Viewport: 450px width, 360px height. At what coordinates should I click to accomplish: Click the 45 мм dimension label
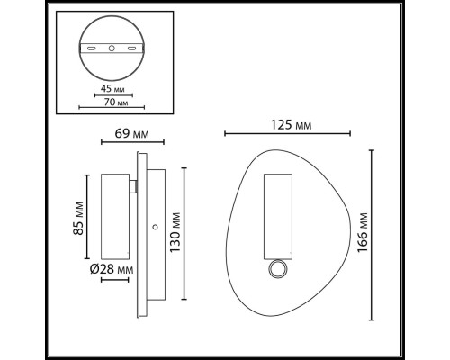tap(112, 89)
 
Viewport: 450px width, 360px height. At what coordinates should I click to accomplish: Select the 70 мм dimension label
tap(116, 103)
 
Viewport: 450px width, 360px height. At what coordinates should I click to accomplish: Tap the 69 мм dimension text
tap(131, 134)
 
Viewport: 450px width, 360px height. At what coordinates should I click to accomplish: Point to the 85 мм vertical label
tap(78, 218)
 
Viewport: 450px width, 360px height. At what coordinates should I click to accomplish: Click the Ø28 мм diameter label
tap(112, 270)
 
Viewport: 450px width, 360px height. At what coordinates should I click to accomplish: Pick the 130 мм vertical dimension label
tap(175, 232)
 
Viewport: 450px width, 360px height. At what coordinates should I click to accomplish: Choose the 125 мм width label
tap(292, 125)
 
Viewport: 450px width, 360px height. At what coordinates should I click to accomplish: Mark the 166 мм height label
tap(363, 233)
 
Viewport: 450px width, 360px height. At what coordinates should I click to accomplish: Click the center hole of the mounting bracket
tap(112, 48)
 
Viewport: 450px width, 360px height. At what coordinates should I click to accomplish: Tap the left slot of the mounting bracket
tap(92, 48)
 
